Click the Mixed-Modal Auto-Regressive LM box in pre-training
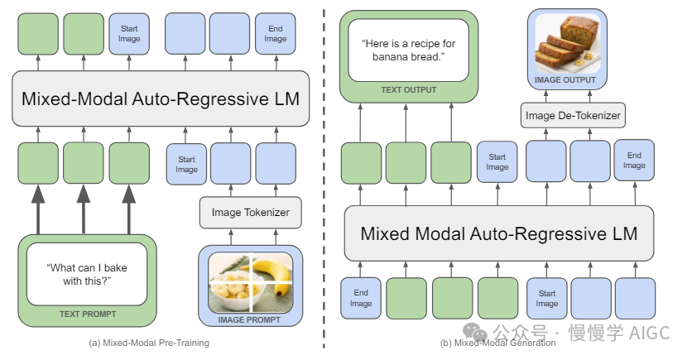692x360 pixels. (161, 98)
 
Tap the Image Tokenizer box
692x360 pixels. (251, 213)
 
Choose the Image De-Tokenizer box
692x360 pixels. (573, 115)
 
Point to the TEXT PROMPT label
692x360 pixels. (87, 314)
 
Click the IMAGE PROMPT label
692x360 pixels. (250, 319)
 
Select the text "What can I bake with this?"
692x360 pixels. (87, 274)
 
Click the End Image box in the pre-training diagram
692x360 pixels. (276, 33)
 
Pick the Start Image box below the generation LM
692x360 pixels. (547, 297)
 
